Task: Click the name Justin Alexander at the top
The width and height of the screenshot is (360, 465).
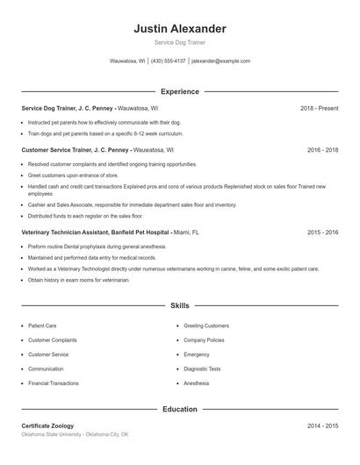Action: pyautogui.click(x=179, y=28)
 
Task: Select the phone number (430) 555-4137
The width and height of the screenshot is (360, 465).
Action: pyautogui.click(x=169, y=61)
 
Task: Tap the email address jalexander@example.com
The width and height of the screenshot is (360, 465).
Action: pyautogui.click(x=221, y=61)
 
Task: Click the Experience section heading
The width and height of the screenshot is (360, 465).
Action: pyautogui.click(x=179, y=91)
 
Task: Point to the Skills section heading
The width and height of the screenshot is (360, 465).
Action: pyautogui.click(x=179, y=305)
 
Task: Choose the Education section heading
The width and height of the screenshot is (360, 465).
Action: pyautogui.click(x=179, y=409)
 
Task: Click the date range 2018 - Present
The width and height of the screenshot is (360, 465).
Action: pyautogui.click(x=319, y=108)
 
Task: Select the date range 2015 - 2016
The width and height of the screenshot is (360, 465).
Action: pyautogui.click(x=322, y=232)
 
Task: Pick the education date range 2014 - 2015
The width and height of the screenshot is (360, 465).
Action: pyautogui.click(x=322, y=426)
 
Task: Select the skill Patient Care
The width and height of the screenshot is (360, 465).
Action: pyautogui.click(x=42, y=325)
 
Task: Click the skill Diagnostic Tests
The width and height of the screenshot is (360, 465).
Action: pyautogui.click(x=202, y=369)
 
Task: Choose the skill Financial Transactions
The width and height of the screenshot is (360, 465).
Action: pyautogui.click(x=53, y=383)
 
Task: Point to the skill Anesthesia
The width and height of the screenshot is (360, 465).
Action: pyautogui.click(x=197, y=383)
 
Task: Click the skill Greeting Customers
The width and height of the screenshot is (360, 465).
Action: pyautogui.click(x=206, y=325)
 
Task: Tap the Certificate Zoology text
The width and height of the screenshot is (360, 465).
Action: pyautogui.click(x=47, y=426)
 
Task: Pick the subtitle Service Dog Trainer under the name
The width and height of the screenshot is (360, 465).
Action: pyautogui.click(x=179, y=42)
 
